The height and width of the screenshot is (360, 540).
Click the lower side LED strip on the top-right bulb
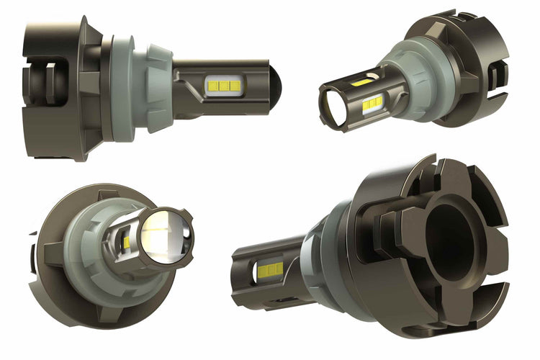point(372,105)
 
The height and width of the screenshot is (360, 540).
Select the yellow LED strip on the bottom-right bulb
point(270,270)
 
